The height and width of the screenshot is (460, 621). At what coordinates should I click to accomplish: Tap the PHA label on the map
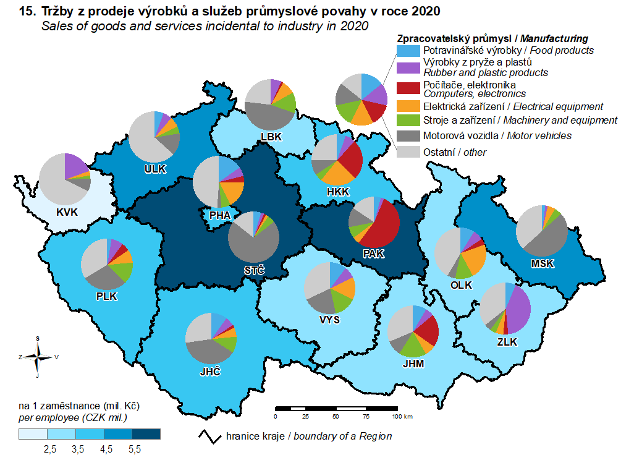pyautogui.click(x=220, y=215)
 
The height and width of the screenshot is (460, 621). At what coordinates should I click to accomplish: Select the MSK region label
pyautogui.click(x=543, y=264)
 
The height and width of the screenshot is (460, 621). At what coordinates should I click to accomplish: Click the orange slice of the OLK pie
pyautogui.click(x=475, y=259)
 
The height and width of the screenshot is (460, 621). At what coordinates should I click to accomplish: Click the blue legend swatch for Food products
pyautogui.click(x=408, y=50)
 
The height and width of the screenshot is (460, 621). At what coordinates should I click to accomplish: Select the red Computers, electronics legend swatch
pyautogui.click(x=408, y=88)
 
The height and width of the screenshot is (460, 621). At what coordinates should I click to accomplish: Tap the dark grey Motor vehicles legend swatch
pyautogui.click(x=408, y=135)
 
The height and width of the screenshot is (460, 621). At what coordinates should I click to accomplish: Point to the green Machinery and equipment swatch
pyautogui.click(x=408, y=120)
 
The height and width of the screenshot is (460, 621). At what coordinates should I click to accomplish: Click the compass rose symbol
pyautogui.click(x=38, y=356)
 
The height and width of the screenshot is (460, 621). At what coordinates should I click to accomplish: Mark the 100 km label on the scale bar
pyautogui.click(x=402, y=417)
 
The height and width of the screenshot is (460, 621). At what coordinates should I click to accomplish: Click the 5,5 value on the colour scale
pyautogui.click(x=135, y=449)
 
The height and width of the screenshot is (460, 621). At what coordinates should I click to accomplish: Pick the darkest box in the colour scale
pyautogui.click(x=147, y=434)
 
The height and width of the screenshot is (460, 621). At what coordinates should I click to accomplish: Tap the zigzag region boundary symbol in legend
pyautogui.click(x=209, y=436)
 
